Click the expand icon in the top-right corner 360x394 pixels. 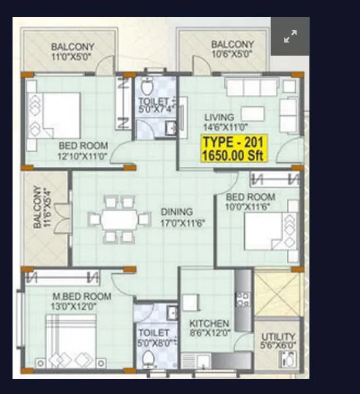pos(290,36)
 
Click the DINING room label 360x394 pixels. pos(177,212)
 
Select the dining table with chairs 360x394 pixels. pos(119,220)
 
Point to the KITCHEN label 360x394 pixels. pos(209,324)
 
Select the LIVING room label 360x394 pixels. pos(219,117)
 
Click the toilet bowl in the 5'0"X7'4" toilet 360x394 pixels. pos(147,88)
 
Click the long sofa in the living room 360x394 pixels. pos(252,88)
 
